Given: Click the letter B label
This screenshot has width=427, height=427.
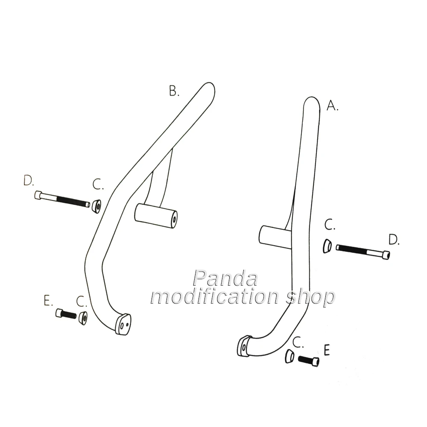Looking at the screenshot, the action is pyautogui.click(x=174, y=91).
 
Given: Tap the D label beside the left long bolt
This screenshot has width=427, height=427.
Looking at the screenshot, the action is pyautogui.click(x=29, y=181).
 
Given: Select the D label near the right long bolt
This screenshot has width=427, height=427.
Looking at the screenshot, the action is pyautogui.click(x=393, y=240).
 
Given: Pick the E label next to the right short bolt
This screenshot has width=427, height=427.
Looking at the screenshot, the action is pyautogui.click(x=327, y=350).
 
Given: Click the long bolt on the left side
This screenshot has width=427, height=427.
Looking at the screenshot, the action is pyautogui.click(x=62, y=199).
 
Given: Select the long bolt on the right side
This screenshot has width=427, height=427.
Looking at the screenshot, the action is pyautogui.click(x=363, y=251).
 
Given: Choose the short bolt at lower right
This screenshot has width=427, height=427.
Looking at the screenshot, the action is pyautogui.click(x=309, y=361).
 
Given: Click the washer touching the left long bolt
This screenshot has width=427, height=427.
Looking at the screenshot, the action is pyautogui.click(x=96, y=206).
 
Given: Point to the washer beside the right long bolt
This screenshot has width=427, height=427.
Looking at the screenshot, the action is pyautogui.click(x=327, y=246).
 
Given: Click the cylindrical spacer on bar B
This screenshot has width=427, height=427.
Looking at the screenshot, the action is pyautogui.click(x=156, y=215).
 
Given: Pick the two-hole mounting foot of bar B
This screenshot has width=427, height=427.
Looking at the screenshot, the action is pyautogui.click(x=123, y=324).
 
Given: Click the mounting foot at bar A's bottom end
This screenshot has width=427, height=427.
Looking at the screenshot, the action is pyautogui.click(x=243, y=345).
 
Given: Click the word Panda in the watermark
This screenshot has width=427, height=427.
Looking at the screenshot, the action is pyautogui.click(x=225, y=278).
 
